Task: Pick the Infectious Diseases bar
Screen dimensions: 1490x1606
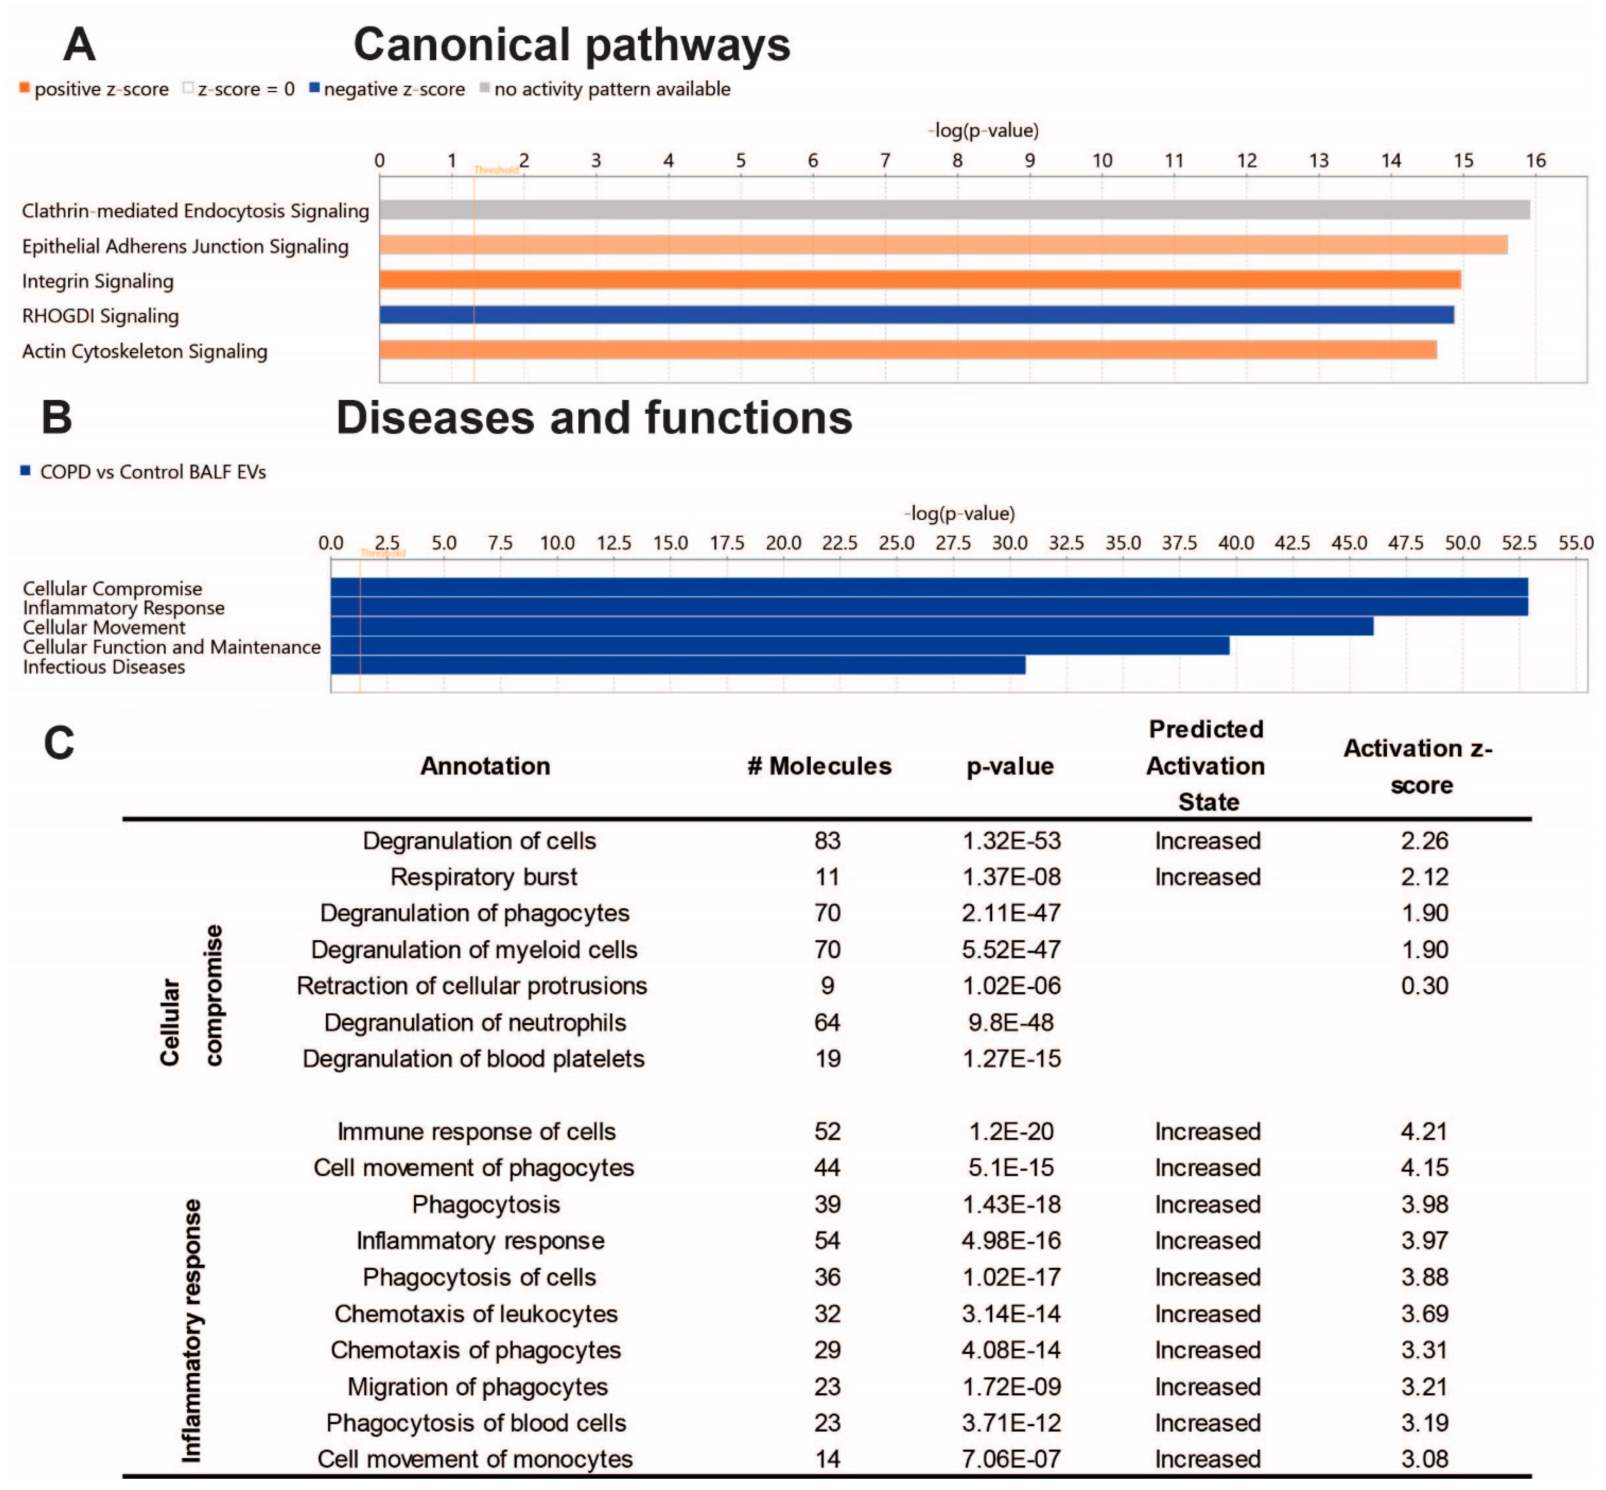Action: (x=678, y=665)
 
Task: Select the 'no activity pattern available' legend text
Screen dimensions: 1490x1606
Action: (x=612, y=89)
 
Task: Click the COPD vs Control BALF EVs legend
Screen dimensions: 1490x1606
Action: (x=152, y=472)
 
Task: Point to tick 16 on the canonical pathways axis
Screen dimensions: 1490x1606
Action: (x=1535, y=160)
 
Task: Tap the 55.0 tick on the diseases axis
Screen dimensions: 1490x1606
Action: (x=1576, y=542)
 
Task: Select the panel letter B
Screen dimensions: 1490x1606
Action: (x=56, y=418)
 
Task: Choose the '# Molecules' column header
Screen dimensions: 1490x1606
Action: (x=819, y=766)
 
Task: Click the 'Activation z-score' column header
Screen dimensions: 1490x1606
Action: (x=1420, y=767)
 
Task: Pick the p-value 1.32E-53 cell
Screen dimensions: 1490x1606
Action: (x=1011, y=841)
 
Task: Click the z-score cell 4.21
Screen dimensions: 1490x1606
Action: (x=1424, y=1131)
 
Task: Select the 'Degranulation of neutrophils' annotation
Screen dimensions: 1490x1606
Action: (x=475, y=1023)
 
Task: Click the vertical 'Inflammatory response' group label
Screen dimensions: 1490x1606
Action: (x=192, y=1330)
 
